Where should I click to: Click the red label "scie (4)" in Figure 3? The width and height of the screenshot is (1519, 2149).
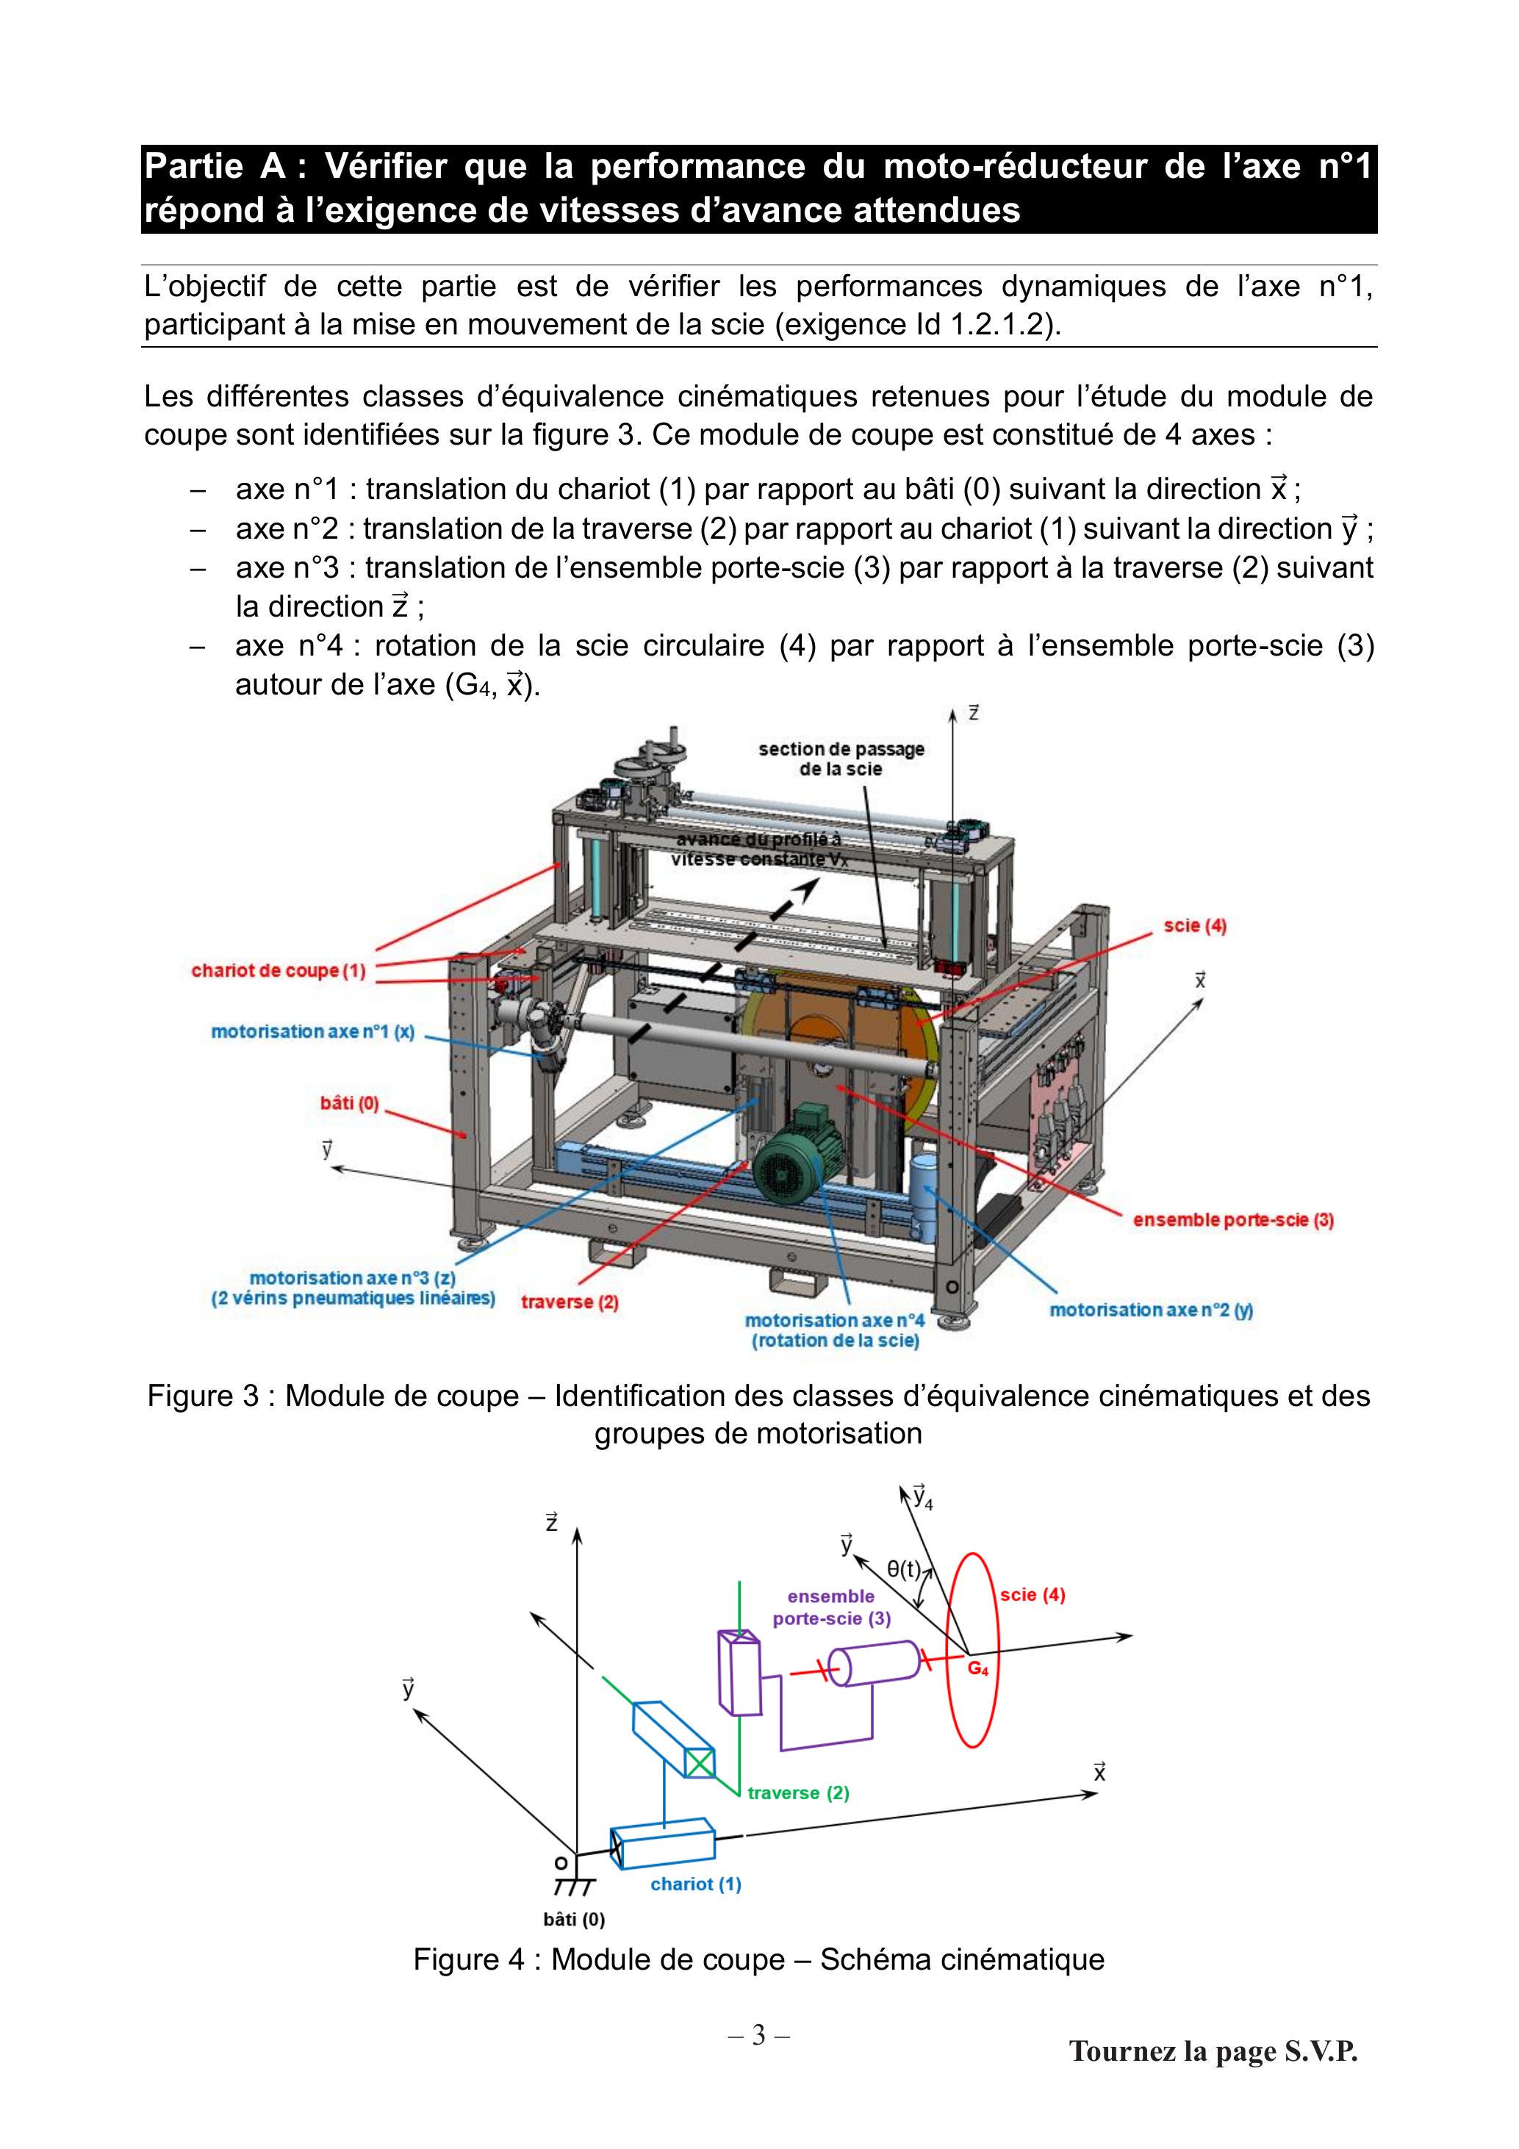point(1195,926)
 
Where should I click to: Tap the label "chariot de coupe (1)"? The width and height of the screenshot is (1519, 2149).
point(278,971)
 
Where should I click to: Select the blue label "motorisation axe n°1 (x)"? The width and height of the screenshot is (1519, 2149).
point(312,1031)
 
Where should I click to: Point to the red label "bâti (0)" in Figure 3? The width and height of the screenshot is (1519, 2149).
point(349,1102)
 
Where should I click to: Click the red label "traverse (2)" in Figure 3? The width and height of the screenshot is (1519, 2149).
point(570,1302)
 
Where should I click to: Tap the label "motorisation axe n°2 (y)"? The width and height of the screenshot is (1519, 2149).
point(1151,1310)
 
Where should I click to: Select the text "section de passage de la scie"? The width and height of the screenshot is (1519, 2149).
point(841,759)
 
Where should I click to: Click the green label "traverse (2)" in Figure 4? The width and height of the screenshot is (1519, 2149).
point(798,1793)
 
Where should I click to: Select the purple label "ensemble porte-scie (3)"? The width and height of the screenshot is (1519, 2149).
point(831,1607)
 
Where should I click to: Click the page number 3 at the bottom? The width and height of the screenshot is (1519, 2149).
point(759,2035)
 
